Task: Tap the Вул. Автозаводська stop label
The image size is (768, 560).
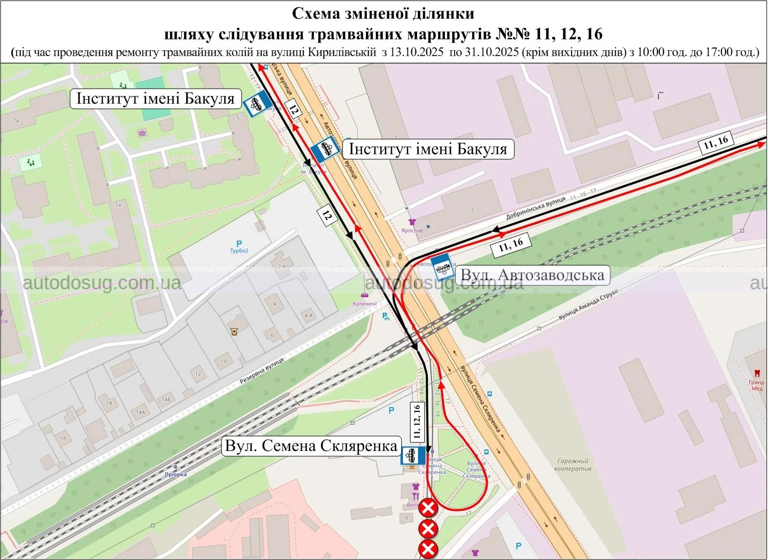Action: (x=532, y=275)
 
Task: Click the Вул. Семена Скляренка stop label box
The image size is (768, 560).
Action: (x=312, y=446)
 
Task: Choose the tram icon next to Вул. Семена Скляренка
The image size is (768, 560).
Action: (x=413, y=456)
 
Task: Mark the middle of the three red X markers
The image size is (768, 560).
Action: (x=428, y=529)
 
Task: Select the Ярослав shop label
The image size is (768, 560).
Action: (x=412, y=230)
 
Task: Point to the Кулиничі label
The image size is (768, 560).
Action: (x=365, y=304)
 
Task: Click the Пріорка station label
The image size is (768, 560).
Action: (x=175, y=474)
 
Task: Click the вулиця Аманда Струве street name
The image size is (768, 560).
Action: (x=588, y=305)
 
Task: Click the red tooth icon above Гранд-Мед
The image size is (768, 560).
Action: (x=757, y=373)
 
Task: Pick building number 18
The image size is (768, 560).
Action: (x=63, y=438)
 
